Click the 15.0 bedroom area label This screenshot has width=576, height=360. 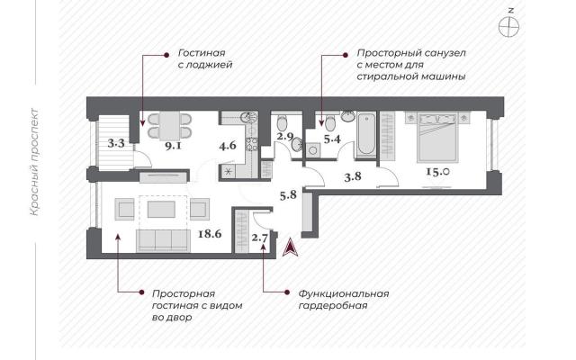click(x=437, y=171)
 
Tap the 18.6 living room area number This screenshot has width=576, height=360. click(x=210, y=234)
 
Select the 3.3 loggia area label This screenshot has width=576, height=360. click(x=116, y=143)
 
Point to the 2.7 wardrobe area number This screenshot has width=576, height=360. click(x=259, y=238)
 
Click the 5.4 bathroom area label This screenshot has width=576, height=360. click(x=332, y=139)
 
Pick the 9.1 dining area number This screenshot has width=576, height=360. click(x=173, y=147)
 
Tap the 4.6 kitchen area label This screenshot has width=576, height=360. click(x=228, y=146)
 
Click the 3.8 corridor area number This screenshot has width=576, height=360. click(x=353, y=176)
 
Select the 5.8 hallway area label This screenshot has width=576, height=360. click(x=288, y=194)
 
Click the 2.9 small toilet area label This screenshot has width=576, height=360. click(x=285, y=137)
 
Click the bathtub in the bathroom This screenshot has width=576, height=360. click(x=366, y=134)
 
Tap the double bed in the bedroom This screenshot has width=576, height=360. click(x=436, y=138)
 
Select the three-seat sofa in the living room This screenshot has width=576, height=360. click(x=163, y=240)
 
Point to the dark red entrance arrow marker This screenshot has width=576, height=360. click(x=290, y=247)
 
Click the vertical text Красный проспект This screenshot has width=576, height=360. click(x=34, y=162)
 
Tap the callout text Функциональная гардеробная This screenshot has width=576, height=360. click(x=344, y=300)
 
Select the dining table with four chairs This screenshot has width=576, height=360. click(x=169, y=126)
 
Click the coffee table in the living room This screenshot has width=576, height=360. click(x=162, y=210)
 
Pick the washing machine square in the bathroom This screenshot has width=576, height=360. click(x=312, y=150)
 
